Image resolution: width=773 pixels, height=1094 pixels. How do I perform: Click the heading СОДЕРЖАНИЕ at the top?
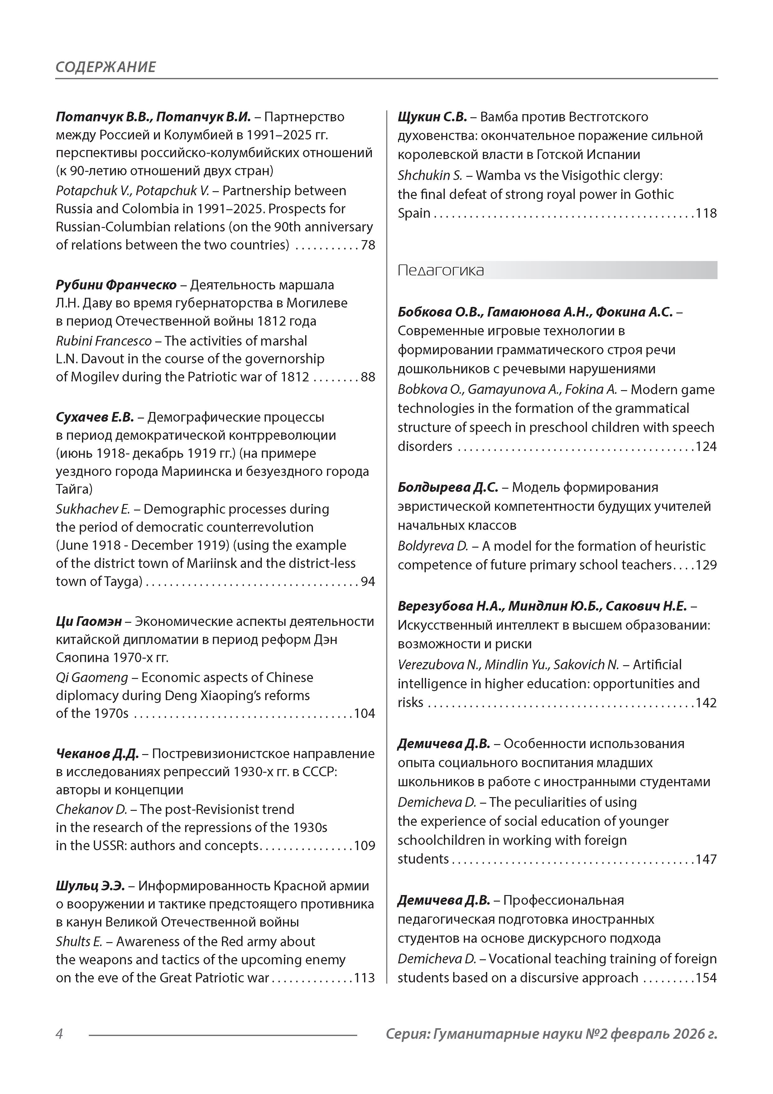point(106,67)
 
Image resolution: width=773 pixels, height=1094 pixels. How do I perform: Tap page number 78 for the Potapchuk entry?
point(368,245)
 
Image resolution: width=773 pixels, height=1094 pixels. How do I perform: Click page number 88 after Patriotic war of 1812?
point(368,377)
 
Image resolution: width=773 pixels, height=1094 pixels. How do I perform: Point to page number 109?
point(365,846)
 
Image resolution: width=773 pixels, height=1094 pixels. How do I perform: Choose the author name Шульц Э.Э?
point(90,886)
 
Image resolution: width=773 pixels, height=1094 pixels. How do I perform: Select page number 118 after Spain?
point(706,213)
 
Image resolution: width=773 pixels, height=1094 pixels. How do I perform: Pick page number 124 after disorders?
point(706,447)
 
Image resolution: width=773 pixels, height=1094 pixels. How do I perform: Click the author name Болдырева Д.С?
point(448,487)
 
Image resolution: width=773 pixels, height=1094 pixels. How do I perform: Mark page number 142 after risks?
point(706,703)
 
